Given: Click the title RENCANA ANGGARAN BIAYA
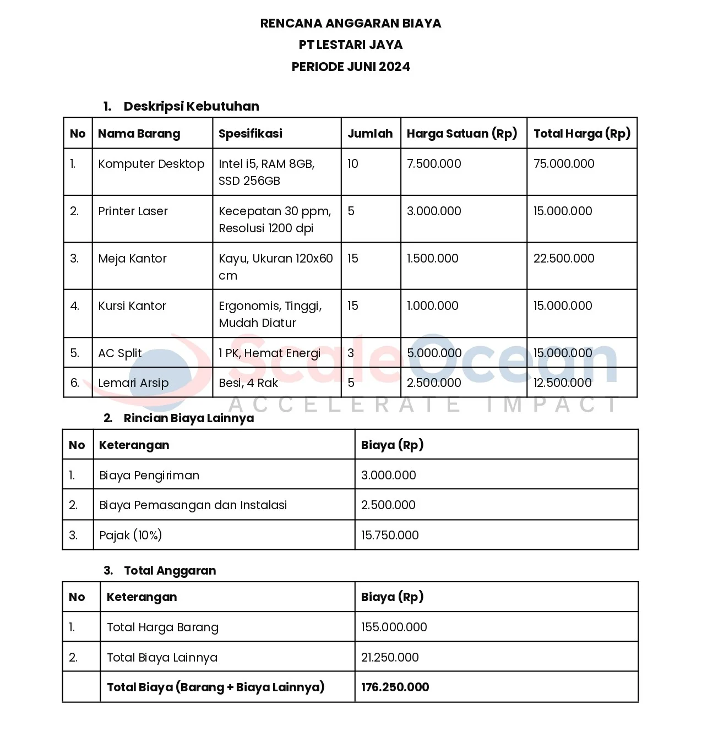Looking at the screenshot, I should coord(351,23).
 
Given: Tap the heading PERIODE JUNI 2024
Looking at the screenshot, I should coord(351,67).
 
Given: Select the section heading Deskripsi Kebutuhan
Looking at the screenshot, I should coord(191,106).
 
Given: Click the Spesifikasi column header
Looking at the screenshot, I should coord(251,133).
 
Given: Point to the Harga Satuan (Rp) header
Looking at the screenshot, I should coord(462,133).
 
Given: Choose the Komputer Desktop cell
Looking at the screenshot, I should coord(151,164).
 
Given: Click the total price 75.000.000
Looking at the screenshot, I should coord(564,164).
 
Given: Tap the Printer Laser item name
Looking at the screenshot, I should coord(133,211).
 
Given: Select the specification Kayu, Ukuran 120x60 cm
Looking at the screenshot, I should coord(275,267).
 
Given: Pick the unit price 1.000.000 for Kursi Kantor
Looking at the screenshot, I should coord(432,306).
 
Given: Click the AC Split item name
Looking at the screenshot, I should coord(119,353).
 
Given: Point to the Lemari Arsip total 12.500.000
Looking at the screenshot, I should coord(562,383).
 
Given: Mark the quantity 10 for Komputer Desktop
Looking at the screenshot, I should coord(353,164).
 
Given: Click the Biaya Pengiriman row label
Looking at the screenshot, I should coord(149,476).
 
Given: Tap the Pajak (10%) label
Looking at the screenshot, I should coord(130,535).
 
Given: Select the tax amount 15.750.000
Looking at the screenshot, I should coord(390,535).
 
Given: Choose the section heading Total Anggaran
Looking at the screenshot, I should coord(170,571).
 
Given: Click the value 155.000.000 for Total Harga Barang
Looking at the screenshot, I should coord(394,627).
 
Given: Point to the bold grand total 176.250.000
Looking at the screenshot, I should coord(395,687).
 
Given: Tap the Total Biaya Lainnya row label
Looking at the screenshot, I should coord(162,658).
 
